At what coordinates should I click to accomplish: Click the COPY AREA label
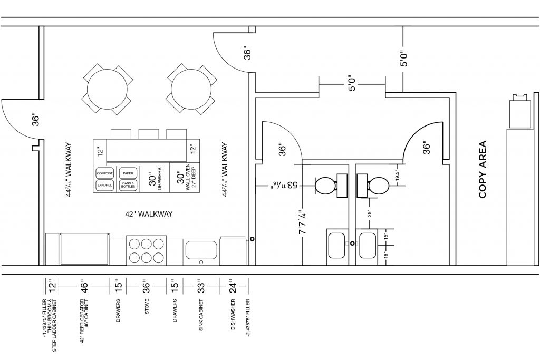click(x=483, y=169)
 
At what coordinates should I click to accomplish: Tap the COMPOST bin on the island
click(x=105, y=173)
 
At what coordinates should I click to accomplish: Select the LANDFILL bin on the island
click(x=105, y=185)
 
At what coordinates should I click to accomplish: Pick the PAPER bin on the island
click(x=128, y=173)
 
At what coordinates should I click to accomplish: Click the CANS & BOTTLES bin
click(x=128, y=185)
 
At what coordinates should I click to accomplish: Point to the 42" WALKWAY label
click(x=149, y=214)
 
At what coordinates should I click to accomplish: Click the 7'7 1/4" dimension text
click(x=302, y=222)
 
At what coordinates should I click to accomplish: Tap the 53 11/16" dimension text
click(x=285, y=185)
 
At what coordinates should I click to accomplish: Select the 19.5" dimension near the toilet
click(x=397, y=176)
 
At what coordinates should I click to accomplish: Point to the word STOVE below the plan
click(x=147, y=307)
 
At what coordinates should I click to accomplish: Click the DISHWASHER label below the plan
click(x=233, y=315)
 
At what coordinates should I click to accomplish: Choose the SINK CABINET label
click(x=201, y=315)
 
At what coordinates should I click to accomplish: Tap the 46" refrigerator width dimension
click(x=84, y=286)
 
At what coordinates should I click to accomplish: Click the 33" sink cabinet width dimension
click(x=201, y=286)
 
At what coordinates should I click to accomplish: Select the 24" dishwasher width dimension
click(x=233, y=286)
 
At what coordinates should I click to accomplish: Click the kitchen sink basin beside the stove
click(x=201, y=250)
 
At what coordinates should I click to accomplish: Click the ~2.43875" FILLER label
click(x=248, y=318)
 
